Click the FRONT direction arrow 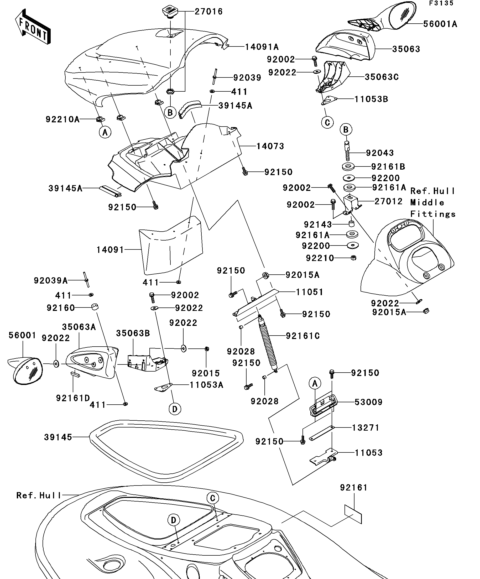coord(33,27)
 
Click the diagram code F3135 coord(441,3)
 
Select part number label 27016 coord(208,12)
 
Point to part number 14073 coord(270,146)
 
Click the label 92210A coord(62,119)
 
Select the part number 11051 coord(309,292)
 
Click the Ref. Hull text coord(39,495)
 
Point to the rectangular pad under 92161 coord(353,514)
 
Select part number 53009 coord(368,402)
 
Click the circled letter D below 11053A coord(175,409)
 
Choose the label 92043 coord(380,153)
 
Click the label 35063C coord(382,77)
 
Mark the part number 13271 coord(366,428)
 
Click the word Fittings coord(432,214)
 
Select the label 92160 coord(61,308)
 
